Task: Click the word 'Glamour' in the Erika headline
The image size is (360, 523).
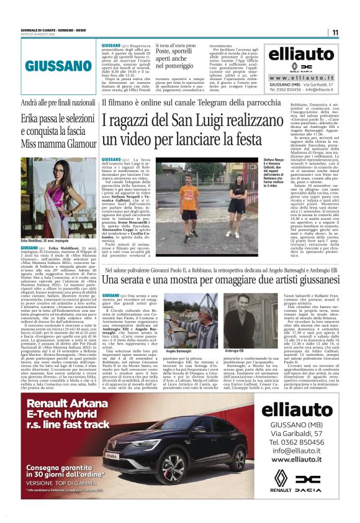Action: pos(76,142)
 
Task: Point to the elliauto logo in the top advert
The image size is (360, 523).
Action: pos(300,55)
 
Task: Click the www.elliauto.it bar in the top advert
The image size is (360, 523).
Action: pos(300,78)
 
